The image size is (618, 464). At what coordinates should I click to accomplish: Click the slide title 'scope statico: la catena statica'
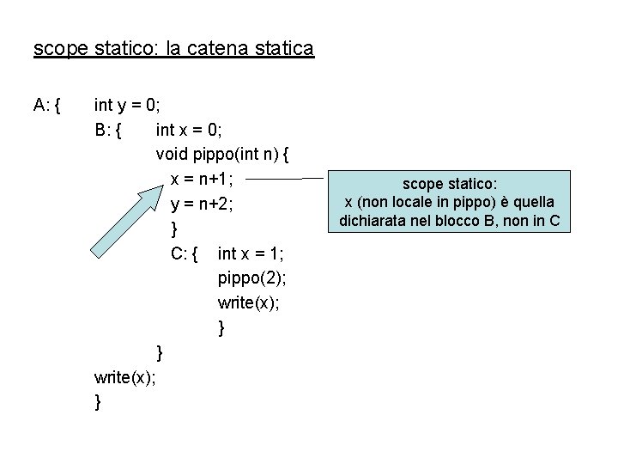click(x=173, y=48)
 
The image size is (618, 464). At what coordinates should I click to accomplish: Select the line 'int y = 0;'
click(x=127, y=106)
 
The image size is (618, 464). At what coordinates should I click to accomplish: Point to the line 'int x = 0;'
click(x=189, y=131)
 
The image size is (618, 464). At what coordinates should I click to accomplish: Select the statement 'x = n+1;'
click(x=209, y=180)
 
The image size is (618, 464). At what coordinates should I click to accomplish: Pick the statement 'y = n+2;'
click(x=209, y=205)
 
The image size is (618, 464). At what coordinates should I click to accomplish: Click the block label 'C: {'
click(x=185, y=253)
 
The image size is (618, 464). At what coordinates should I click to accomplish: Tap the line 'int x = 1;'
click(x=251, y=253)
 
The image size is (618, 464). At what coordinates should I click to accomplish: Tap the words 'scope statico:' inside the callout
click(x=449, y=183)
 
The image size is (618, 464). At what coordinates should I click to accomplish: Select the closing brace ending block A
click(x=99, y=401)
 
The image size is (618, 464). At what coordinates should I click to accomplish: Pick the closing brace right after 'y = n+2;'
click(x=175, y=229)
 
